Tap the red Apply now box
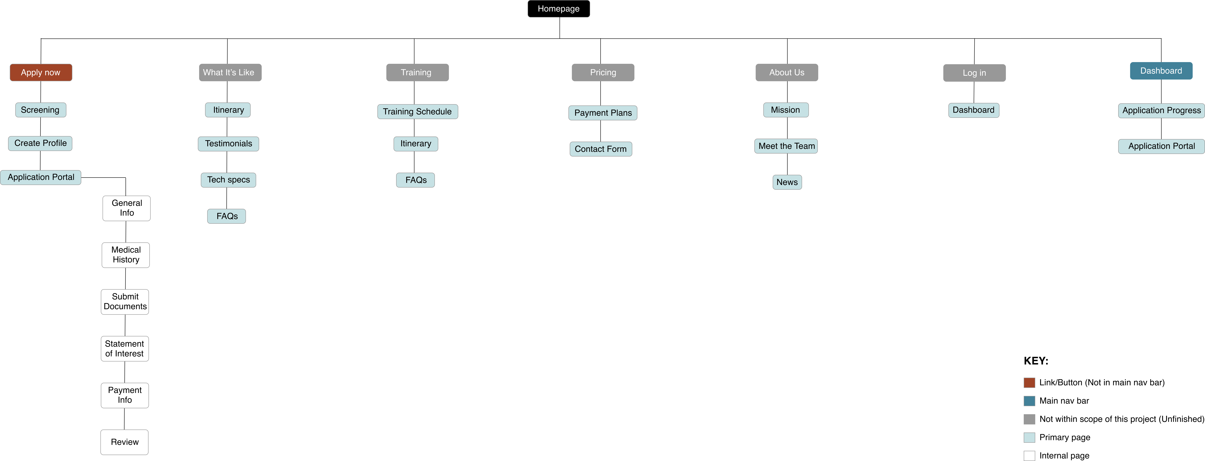click(41, 72)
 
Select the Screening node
click(40, 110)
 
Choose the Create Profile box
click(40, 143)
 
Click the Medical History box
click(126, 255)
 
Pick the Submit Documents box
click(125, 302)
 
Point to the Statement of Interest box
click(124, 348)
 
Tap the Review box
click(124, 442)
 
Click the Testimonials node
click(228, 144)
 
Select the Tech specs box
click(228, 180)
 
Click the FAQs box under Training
click(415, 180)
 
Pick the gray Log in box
click(974, 73)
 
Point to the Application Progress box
click(1161, 110)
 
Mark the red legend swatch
click(1029, 383)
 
